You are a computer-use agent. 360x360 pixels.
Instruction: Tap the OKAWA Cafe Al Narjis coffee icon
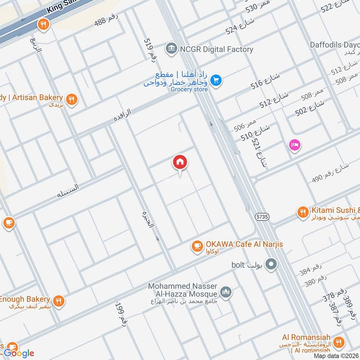pos(197,246)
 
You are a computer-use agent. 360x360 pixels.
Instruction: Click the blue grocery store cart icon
pos(216,80)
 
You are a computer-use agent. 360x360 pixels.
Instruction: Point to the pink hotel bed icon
pos(295,145)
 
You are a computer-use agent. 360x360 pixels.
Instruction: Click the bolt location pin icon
pos(271,265)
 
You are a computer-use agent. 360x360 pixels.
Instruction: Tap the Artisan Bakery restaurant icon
pos(71,99)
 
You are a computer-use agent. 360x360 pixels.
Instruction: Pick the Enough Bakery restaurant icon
pos(58,301)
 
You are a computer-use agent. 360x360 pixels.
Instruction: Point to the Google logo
pos(19,353)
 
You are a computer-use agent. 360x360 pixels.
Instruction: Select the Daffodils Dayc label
pos(335,45)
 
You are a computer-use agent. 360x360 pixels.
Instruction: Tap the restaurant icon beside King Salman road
pos(43,25)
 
